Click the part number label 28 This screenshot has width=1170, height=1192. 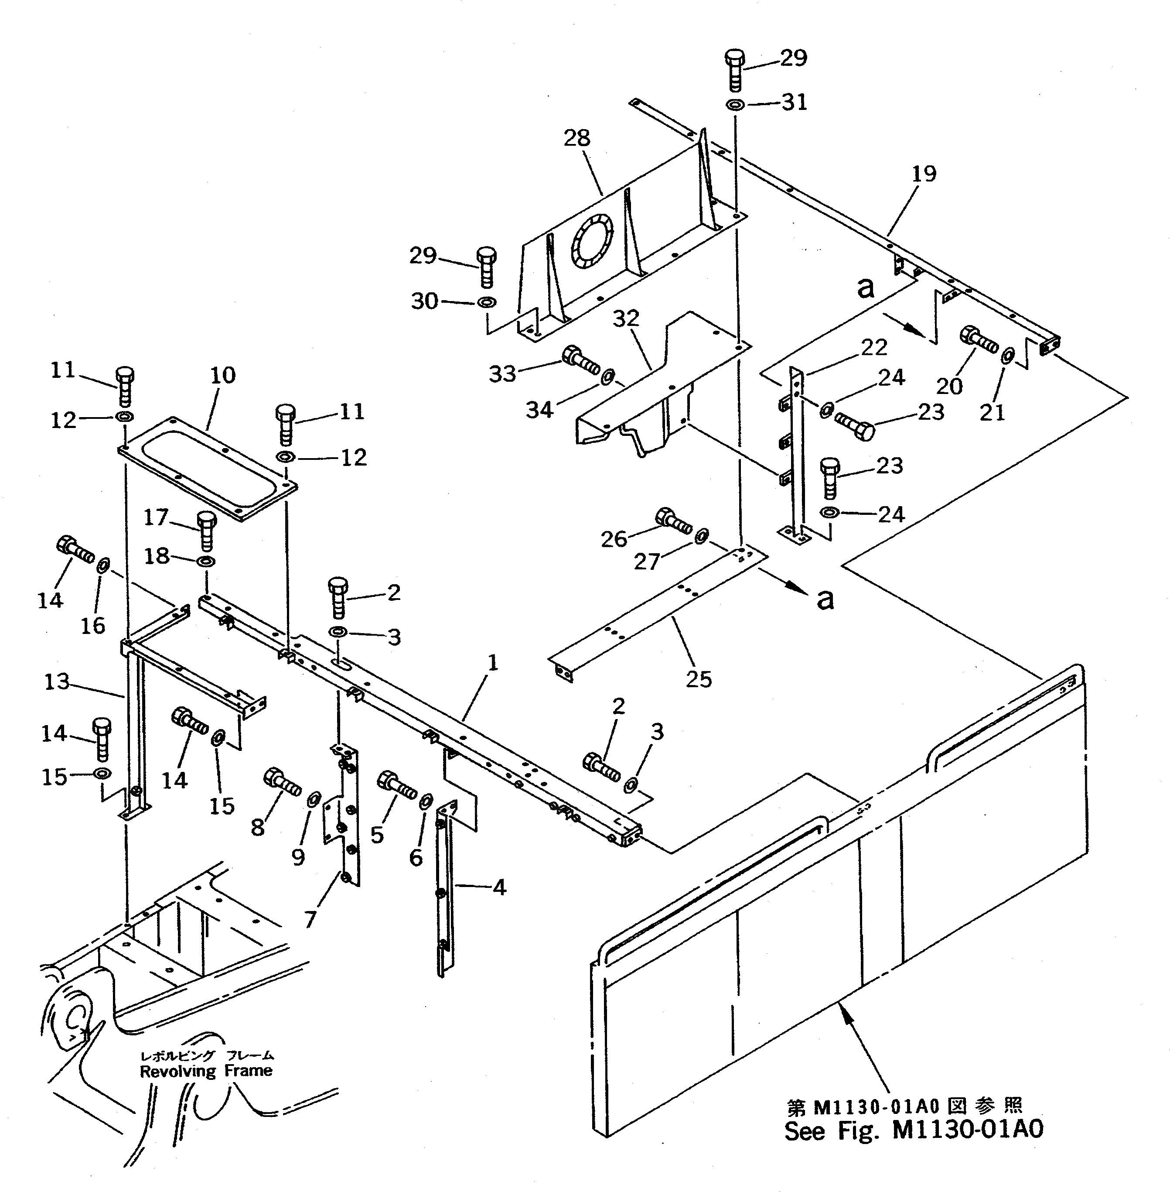coord(576,138)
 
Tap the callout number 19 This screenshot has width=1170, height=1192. coord(924,174)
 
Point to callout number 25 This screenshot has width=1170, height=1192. coord(699,679)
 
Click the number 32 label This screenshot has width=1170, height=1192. coord(626,319)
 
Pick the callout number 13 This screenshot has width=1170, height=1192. coord(57,682)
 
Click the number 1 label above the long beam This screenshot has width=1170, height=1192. coord(492,663)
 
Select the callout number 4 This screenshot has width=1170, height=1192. coord(500,887)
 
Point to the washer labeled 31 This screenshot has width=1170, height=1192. coord(736,105)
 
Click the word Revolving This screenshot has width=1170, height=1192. coord(177,1072)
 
